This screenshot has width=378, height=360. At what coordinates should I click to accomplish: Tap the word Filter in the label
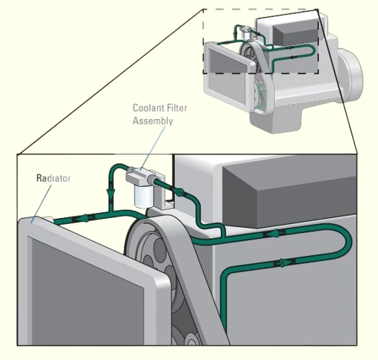[x=177, y=108]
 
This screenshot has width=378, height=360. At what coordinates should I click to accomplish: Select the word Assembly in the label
[x=153, y=121]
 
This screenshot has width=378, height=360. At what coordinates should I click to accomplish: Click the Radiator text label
[x=53, y=178]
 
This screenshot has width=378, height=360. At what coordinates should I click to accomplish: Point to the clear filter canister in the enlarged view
[x=144, y=196]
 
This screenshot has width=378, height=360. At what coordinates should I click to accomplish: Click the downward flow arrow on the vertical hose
[x=111, y=192]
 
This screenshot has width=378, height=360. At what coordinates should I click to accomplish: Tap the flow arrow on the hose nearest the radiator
[x=85, y=218]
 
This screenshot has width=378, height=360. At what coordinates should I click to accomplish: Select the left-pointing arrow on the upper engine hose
[x=274, y=233]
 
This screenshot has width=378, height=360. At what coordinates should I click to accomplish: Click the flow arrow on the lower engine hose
[x=283, y=262]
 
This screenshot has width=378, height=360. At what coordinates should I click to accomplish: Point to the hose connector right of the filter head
[x=179, y=191]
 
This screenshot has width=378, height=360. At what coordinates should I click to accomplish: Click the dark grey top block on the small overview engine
[x=295, y=32]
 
